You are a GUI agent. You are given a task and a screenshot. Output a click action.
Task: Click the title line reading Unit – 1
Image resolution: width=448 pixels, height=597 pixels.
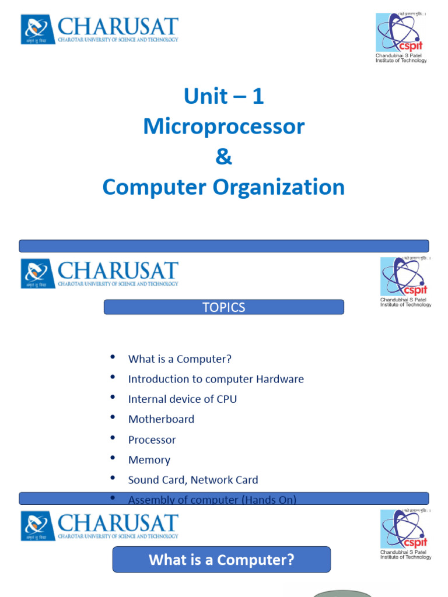pos(224,97)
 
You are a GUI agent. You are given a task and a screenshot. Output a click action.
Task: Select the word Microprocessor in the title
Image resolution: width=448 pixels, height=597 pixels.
pos(224,127)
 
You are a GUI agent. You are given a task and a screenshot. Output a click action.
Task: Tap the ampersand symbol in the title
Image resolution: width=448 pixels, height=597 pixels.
pos(224,157)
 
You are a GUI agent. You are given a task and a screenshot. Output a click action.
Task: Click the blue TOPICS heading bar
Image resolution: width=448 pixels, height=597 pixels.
pos(224,307)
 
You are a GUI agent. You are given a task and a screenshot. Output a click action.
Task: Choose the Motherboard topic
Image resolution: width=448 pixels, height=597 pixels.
pos(161,419)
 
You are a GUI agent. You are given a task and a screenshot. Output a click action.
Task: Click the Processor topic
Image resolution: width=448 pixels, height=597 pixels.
pos(152,440)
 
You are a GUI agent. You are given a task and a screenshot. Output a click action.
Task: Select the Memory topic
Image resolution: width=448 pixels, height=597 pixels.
pos(149,460)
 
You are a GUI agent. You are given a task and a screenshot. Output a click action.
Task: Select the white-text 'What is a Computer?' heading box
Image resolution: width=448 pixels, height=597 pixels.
pos(222,560)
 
